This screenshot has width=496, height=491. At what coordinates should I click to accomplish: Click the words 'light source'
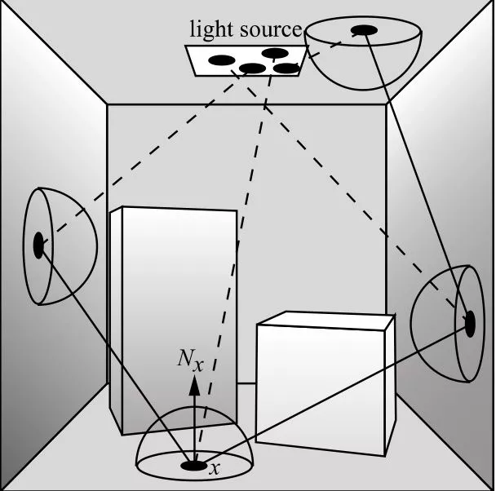tap(246, 30)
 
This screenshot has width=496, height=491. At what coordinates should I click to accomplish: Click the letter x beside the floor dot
tap(215, 469)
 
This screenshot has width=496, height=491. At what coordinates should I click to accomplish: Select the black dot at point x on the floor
tap(194, 466)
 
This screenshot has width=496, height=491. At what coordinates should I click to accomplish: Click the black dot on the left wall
tap(38, 245)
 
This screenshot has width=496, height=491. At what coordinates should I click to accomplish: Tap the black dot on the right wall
tap(469, 322)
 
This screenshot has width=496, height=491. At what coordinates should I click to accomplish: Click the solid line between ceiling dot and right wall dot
tap(416, 175)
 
